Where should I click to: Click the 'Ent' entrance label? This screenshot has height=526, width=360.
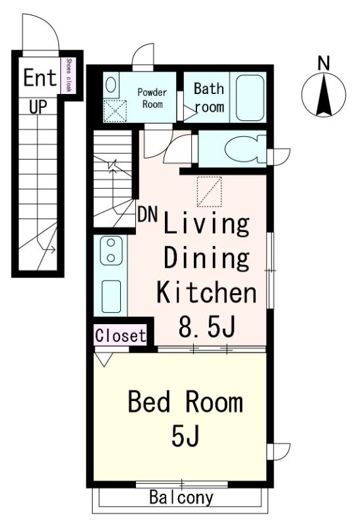pos(39,78)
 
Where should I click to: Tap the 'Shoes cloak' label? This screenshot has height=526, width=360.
pos(68,75)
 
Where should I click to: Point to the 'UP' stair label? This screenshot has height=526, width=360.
pos(38,107)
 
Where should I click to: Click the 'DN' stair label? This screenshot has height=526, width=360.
pos(148,214)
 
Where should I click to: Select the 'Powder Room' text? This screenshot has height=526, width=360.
pos(152,98)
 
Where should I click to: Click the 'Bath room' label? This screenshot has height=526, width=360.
pos(210,97)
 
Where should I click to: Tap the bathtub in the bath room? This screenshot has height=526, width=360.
pos(250,97)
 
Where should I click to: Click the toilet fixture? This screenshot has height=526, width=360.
pos(244,149)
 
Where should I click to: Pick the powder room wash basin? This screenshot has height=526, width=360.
pos(110,85)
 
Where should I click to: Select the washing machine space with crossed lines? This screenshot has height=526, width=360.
pos(115,110)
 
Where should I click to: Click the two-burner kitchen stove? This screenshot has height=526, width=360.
pos(111,251)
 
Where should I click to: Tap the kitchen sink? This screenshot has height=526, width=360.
pos(111,297)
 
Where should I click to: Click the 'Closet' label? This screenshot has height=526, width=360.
pos(121,335)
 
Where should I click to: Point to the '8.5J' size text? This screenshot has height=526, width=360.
pos(206,326)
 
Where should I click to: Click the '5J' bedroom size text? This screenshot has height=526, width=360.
pos(186,435)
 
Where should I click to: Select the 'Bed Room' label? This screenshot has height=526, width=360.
pos(185,402)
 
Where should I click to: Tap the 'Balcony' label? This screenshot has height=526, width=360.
pos(181,498)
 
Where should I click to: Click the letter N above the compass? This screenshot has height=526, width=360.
pos(323,63)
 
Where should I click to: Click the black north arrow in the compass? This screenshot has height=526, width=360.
pos(324,95)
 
